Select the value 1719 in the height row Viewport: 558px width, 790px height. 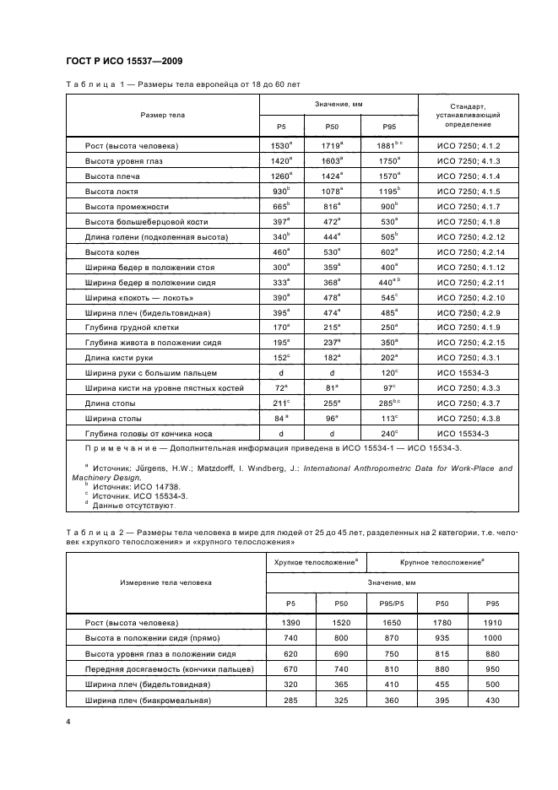(330, 145)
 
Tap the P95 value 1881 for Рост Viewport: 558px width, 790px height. (387, 145)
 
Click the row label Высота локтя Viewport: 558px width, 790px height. (111, 191)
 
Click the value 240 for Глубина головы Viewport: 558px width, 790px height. (387, 433)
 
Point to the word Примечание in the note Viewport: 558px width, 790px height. (125, 447)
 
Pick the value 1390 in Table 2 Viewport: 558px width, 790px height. (290, 623)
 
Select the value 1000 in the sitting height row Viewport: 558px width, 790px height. (490, 638)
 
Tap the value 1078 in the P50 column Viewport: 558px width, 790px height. (330, 191)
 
